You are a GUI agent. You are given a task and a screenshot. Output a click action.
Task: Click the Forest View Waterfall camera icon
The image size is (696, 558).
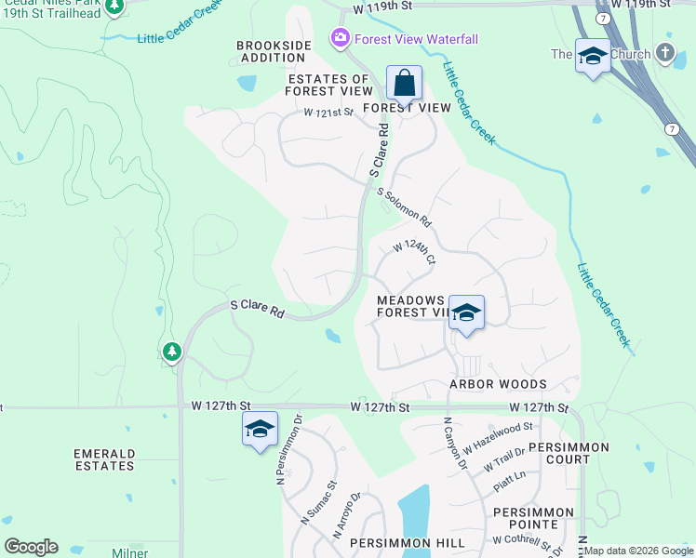[340, 38]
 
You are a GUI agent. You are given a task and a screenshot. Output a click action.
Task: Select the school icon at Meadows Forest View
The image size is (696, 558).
[466, 312]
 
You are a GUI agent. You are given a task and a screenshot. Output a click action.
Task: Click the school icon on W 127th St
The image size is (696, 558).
[260, 429]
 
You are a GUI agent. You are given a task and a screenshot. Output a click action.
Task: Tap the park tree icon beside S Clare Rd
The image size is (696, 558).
[171, 352]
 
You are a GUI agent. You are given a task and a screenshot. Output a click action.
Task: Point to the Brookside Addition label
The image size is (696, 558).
[271, 51]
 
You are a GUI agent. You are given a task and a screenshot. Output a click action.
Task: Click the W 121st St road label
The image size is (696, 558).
[328, 113]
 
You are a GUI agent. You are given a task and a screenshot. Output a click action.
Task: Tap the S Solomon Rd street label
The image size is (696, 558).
[405, 207]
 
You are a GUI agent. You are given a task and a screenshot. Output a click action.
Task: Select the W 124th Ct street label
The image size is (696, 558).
[414, 251]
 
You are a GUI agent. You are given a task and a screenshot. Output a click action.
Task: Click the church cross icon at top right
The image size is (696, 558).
[664, 52]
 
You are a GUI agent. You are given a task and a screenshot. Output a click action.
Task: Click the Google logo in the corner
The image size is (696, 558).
[32, 547]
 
